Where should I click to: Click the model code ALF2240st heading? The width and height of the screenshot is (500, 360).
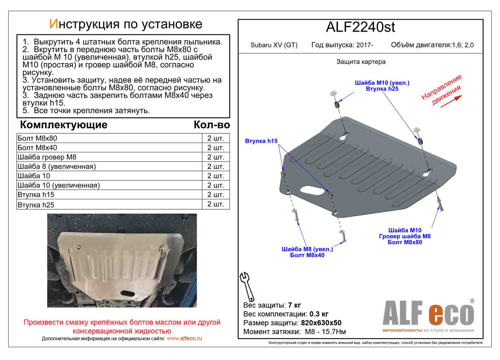(360, 27)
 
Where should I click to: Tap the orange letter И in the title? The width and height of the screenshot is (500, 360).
(53, 24)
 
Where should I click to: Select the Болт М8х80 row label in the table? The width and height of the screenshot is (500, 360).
(37, 138)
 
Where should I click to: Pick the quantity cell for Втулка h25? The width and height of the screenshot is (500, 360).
(216, 204)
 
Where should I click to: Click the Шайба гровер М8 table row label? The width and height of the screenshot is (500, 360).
(47, 157)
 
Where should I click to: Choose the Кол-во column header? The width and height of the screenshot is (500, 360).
(212, 125)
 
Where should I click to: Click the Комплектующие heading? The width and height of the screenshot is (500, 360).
(63, 125)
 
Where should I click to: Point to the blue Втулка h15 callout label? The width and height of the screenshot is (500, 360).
(261, 141)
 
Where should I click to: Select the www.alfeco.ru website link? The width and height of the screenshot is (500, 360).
(184, 338)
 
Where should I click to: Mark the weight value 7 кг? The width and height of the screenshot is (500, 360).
(294, 305)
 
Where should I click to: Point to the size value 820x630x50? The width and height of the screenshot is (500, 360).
(321, 323)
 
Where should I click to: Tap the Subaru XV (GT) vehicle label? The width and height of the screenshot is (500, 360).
(274, 45)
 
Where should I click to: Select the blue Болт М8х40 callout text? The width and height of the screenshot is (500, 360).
(307, 255)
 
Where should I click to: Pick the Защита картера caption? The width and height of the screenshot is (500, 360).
(361, 62)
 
